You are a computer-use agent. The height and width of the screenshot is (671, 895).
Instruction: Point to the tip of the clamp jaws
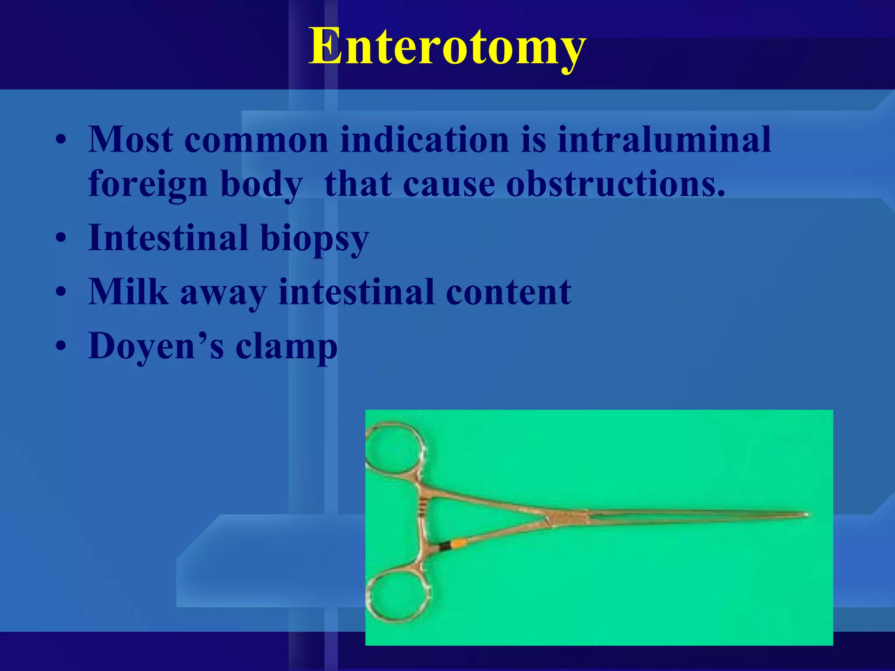807,515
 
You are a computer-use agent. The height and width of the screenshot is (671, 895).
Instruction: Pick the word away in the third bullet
223,292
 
